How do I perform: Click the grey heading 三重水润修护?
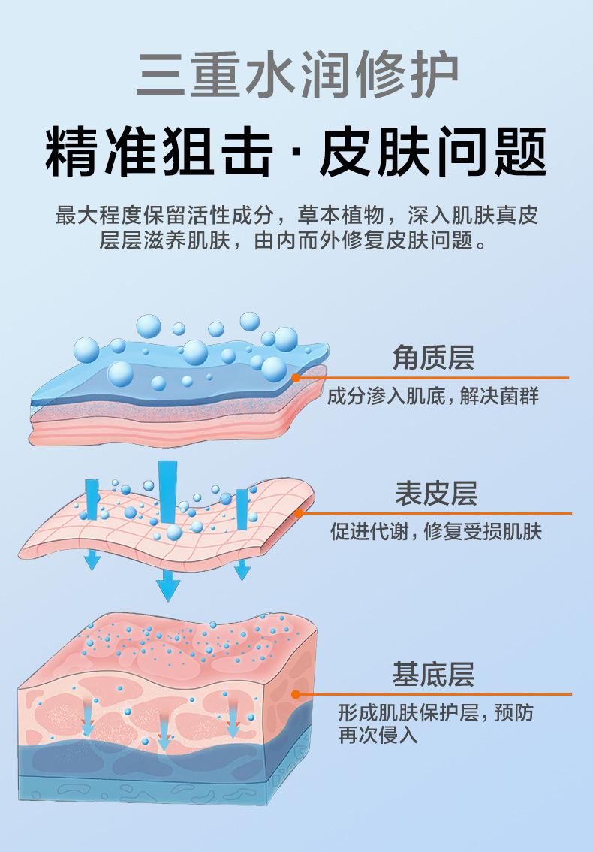click(x=296, y=74)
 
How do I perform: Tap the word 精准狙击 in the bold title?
click(x=158, y=153)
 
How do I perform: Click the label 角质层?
click(x=433, y=358)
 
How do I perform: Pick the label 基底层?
click(x=433, y=674)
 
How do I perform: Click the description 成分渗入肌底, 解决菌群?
click(x=433, y=396)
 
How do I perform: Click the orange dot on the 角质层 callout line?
click(x=296, y=378)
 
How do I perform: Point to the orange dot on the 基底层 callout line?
click(x=296, y=694)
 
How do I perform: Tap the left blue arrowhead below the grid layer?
click(x=92, y=559)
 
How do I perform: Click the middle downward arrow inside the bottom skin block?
click(x=164, y=733)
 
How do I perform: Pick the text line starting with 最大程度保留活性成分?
click(x=296, y=216)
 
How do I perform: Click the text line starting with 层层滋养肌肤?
click(x=296, y=241)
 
